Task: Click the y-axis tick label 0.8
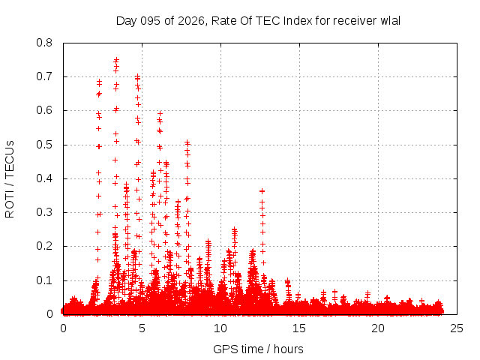(x=45, y=43)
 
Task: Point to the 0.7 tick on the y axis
(x=45, y=76)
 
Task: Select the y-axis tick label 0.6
(x=45, y=110)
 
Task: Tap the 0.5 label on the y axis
(x=45, y=145)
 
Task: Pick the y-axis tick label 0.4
(x=45, y=178)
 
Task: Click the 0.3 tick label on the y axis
(x=45, y=212)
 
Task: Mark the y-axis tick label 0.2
(x=45, y=246)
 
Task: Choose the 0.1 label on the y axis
(x=45, y=280)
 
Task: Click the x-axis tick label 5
(x=142, y=328)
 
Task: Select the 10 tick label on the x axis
(x=220, y=328)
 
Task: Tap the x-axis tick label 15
(x=299, y=328)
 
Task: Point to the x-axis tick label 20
(x=378, y=328)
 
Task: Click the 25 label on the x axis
(x=457, y=328)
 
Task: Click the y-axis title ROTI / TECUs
(x=10, y=178)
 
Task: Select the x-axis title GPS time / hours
(x=259, y=349)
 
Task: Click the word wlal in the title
(x=391, y=20)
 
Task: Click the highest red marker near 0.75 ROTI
(x=116, y=60)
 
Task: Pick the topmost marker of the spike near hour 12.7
(x=262, y=190)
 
